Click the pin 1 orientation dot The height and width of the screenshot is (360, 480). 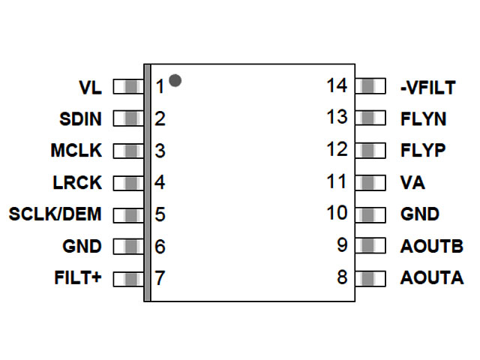[x=175, y=79]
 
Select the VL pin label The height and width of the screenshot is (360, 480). [x=90, y=87]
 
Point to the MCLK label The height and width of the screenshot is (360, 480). [x=76, y=150]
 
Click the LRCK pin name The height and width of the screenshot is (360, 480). [x=78, y=182]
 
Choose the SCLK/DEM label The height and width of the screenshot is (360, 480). [x=55, y=214]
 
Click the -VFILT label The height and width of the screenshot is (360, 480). [x=427, y=88]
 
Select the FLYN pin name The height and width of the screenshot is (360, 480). [x=423, y=118]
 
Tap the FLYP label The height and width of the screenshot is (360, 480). [x=423, y=150]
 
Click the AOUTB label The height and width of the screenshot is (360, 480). [x=431, y=246]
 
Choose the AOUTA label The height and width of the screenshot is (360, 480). [x=431, y=278]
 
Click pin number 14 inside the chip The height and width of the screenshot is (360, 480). [x=337, y=85]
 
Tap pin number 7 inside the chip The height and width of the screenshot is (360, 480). [x=159, y=278]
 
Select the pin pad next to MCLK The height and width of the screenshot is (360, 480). [x=128, y=150]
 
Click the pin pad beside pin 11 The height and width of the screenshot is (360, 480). [x=369, y=182]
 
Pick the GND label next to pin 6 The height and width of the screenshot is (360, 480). [x=82, y=246]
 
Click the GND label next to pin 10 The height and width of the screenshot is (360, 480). [x=420, y=214]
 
